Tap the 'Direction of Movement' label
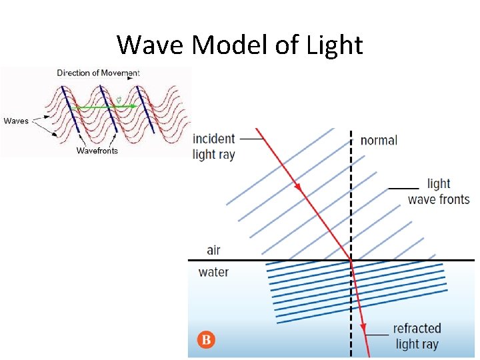pos(98,73)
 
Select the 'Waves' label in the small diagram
pos(16,121)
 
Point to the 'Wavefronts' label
pos(97,151)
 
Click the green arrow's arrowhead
pos(135,106)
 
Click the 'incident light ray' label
pos(213,147)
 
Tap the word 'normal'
pos(379,140)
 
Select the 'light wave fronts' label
pos(439,191)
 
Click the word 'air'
pos(213,250)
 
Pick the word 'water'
pos(213,272)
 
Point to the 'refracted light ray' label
pos(417,336)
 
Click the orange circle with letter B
pos(206,340)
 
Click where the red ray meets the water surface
pos(351,260)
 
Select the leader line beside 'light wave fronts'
pos(403,189)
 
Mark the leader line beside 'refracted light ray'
pos(377,334)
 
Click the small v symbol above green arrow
pos(118,100)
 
